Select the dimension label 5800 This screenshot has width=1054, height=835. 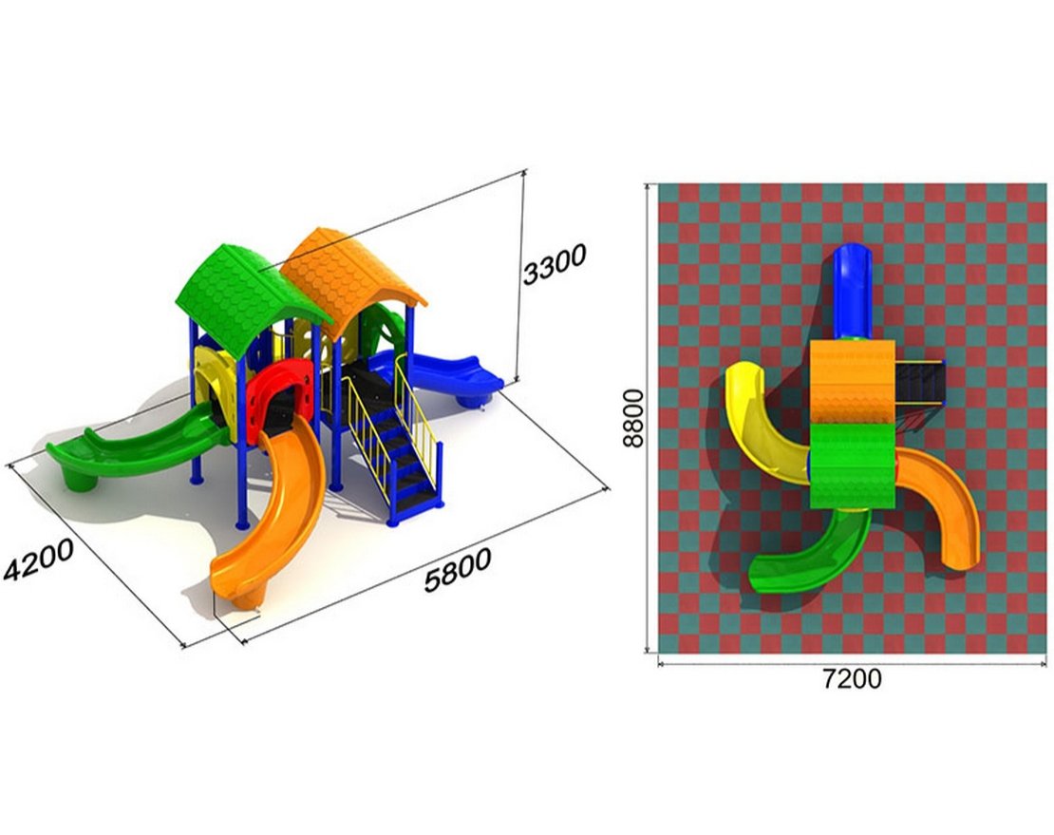click(458, 569)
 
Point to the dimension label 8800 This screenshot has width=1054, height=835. click(632, 418)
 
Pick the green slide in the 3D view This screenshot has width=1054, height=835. click(135, 447)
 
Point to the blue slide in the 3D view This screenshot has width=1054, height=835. click(437, 375)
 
